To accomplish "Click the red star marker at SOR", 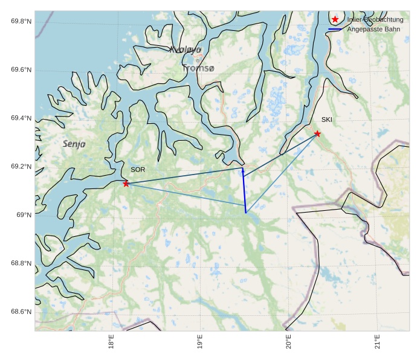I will point(126,184).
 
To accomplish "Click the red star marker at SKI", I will point(317,133).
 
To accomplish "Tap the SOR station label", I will point(138,170).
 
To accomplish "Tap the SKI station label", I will point(326,120).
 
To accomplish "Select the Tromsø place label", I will point(198,68).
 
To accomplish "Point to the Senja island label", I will point(74,144).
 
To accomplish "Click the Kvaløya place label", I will point(185,50).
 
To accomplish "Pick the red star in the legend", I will point(335,19).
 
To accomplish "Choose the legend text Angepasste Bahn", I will point(373,29).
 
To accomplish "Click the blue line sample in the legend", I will point(335,29).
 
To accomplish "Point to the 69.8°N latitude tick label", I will point(21,22).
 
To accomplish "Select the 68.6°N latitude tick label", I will point(21,312).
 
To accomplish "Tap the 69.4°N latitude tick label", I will point(21,118).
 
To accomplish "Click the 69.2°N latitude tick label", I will point(21,167).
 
